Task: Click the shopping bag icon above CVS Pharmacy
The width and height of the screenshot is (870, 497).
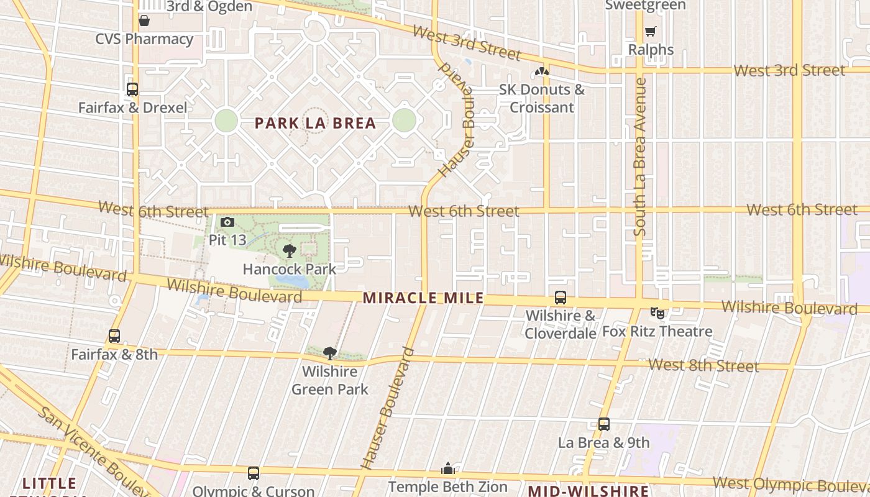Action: [x=144, y=21]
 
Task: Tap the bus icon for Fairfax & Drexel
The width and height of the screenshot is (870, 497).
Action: [x=132, y=89]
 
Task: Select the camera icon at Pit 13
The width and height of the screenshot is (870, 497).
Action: [x=227, y=222]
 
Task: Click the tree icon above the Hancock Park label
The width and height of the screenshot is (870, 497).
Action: [x=289, y=251]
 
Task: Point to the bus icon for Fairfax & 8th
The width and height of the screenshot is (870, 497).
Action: [x=114, y=336]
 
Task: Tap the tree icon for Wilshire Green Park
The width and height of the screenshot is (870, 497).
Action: [x=330, y=353]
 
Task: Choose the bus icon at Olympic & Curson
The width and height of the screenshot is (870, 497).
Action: [x=254, y=473]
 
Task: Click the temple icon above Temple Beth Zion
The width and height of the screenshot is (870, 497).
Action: [x=448, y=469]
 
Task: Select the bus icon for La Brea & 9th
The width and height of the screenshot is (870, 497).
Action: [x=603, y=425]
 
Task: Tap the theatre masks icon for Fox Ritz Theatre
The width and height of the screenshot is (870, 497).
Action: [x=657, y=313]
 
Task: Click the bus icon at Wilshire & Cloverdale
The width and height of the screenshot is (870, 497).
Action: [x=561, y=298]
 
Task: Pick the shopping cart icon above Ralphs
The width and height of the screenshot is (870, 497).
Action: [x=651, y=32]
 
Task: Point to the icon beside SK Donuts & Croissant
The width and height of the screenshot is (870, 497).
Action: [x=542, y=73]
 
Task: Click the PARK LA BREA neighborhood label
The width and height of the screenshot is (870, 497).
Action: [x=316, y=123]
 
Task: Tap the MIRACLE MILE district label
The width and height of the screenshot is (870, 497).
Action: [x=423, y=298]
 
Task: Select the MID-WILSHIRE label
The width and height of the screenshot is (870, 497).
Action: [x=588, y=490]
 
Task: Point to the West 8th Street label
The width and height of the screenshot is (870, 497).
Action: [x=703, y=365]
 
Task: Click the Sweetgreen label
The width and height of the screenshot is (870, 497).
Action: [x=645, y=6]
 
